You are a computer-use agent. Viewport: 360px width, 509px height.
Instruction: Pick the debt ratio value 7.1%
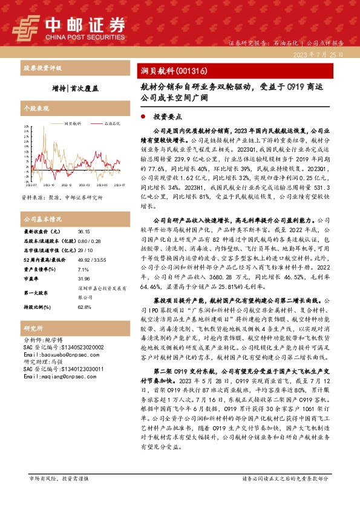(x=83, y=270)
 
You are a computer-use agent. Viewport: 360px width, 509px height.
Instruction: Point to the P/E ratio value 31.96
(x=84, y=279)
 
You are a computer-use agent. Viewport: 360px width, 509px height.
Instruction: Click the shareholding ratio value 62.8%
(x=84, y=306)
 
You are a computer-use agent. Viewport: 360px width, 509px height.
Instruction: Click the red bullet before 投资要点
(x=142, y=115)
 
